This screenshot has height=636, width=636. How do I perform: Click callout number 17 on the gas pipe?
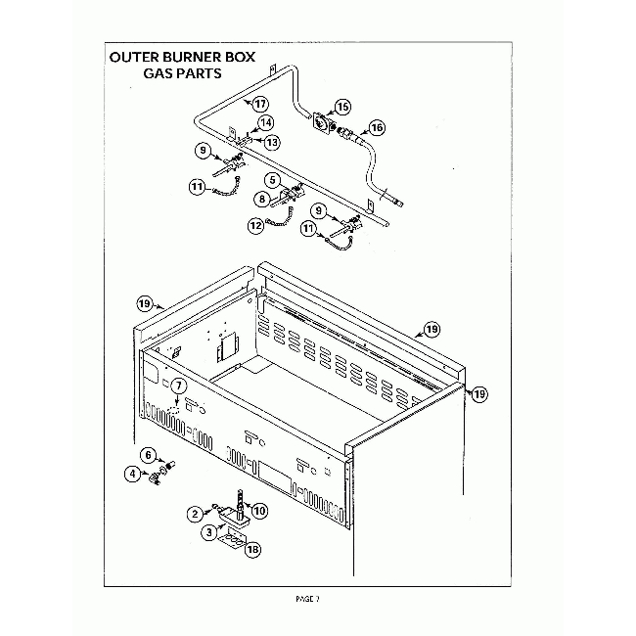tap(260, 104)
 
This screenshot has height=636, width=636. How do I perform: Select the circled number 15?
tap(342, 106)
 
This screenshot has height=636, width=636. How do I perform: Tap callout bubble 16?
tap(378, 127)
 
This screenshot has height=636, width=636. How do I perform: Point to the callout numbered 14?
tap(264, 124)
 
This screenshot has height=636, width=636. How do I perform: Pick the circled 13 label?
tap(272, 142)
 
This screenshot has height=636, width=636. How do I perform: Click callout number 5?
tap(273, 181)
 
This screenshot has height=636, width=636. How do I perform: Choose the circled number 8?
tap(262, 199)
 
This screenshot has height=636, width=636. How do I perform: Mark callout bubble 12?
tap(255, 225)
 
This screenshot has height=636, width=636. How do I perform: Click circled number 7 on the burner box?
tap(178, 386)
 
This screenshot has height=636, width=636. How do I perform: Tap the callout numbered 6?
tap(149, 454)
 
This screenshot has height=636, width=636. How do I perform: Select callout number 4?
tap(131, 475)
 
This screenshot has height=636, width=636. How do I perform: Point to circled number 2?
tap(196, 513)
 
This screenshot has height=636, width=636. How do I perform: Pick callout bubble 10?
tap(259, 511)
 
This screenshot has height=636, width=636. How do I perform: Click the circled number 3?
tap(208, 533)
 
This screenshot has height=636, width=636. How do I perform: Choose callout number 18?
tap(253, 550)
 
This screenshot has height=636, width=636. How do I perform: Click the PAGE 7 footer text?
tap(307, 599)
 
